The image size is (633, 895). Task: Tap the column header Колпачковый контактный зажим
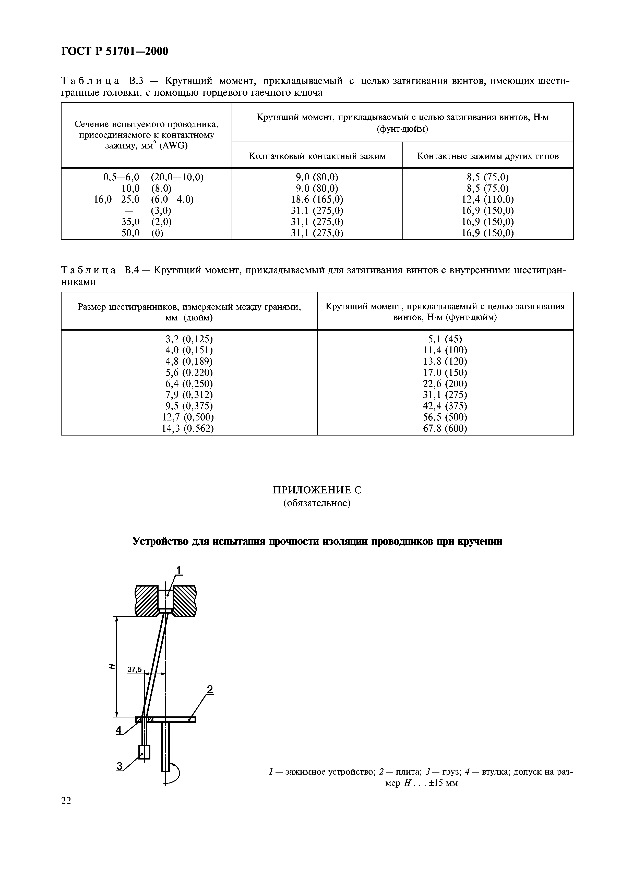[x=317, y=156]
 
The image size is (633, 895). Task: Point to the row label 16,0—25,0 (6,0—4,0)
[x=144, y=200]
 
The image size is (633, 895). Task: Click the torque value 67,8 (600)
[x=445, y=428]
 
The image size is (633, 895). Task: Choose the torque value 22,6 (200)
[x=445, y=383]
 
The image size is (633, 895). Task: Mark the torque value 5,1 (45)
[x=445, y=339]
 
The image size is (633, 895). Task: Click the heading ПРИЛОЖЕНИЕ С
[x=317, y=490]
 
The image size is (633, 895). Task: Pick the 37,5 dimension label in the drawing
[x=135, y=670]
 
